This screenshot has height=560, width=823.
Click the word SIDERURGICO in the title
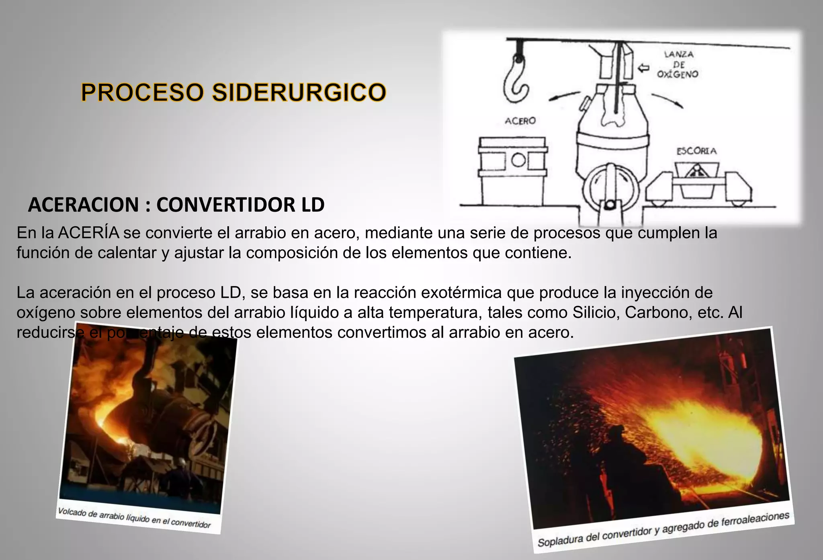point(299,92)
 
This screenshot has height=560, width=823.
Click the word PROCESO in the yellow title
point(143,92)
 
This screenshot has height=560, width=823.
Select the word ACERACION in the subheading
point(83,205)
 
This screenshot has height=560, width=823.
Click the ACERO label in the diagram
point(520,121)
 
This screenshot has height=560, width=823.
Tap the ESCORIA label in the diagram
point(696,151)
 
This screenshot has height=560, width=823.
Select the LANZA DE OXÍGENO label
point(678,64)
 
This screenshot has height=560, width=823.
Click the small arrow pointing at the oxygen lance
point(644,68)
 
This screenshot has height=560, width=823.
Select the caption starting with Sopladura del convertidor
point(663,529)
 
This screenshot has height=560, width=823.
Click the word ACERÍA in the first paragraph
point(89,233)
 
